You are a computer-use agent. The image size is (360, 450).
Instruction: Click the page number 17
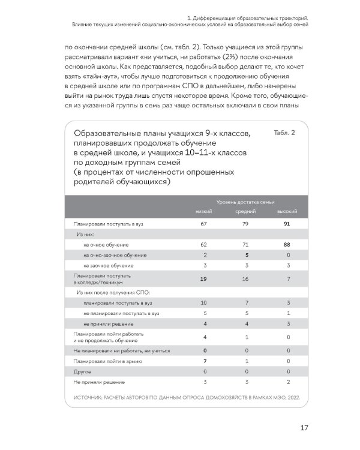click(x=304, y=428)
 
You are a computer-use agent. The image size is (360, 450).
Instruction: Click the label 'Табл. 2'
click(x=284, y=133)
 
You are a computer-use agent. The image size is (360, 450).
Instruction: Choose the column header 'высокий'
click(x=287, y=212)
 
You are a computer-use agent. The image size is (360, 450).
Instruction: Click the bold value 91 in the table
click(x=287, y=224)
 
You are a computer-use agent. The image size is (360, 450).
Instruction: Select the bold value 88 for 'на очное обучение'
click(x=287, y=245)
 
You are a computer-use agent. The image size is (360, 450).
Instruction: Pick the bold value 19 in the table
click(x=204, y=279)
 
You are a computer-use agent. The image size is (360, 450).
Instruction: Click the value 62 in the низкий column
click(x=204, y=245)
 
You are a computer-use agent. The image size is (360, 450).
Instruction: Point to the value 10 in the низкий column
click(x=204, y=303)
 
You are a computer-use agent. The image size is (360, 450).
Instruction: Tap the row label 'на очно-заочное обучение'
click(x=115, y=255)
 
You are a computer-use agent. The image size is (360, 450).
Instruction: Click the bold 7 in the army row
click(x=204, y=362)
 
